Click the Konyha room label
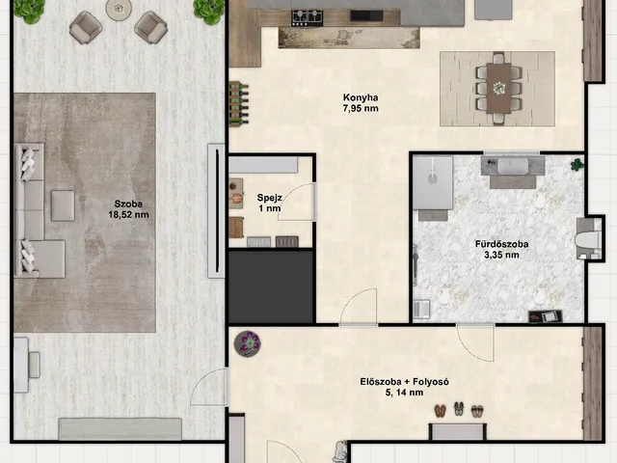coord(361,97)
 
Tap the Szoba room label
coord(128,204)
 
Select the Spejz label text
coord(269,198)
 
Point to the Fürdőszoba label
coord(501,244)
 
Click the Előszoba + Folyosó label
coord(405,382)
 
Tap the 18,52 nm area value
coord(128,215)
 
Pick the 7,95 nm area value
coord(361,109)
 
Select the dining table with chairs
coord(498,89)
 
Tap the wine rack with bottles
coord(239,103)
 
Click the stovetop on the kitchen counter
coord(307,17)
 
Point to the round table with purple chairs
coord(248,343)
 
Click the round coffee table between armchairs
coord(119,10)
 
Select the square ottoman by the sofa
coord(63,205)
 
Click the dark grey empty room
coord(271,287)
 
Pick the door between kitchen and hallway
coord(359,308)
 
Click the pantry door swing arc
coord(294,201)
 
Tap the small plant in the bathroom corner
coord(577,164)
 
